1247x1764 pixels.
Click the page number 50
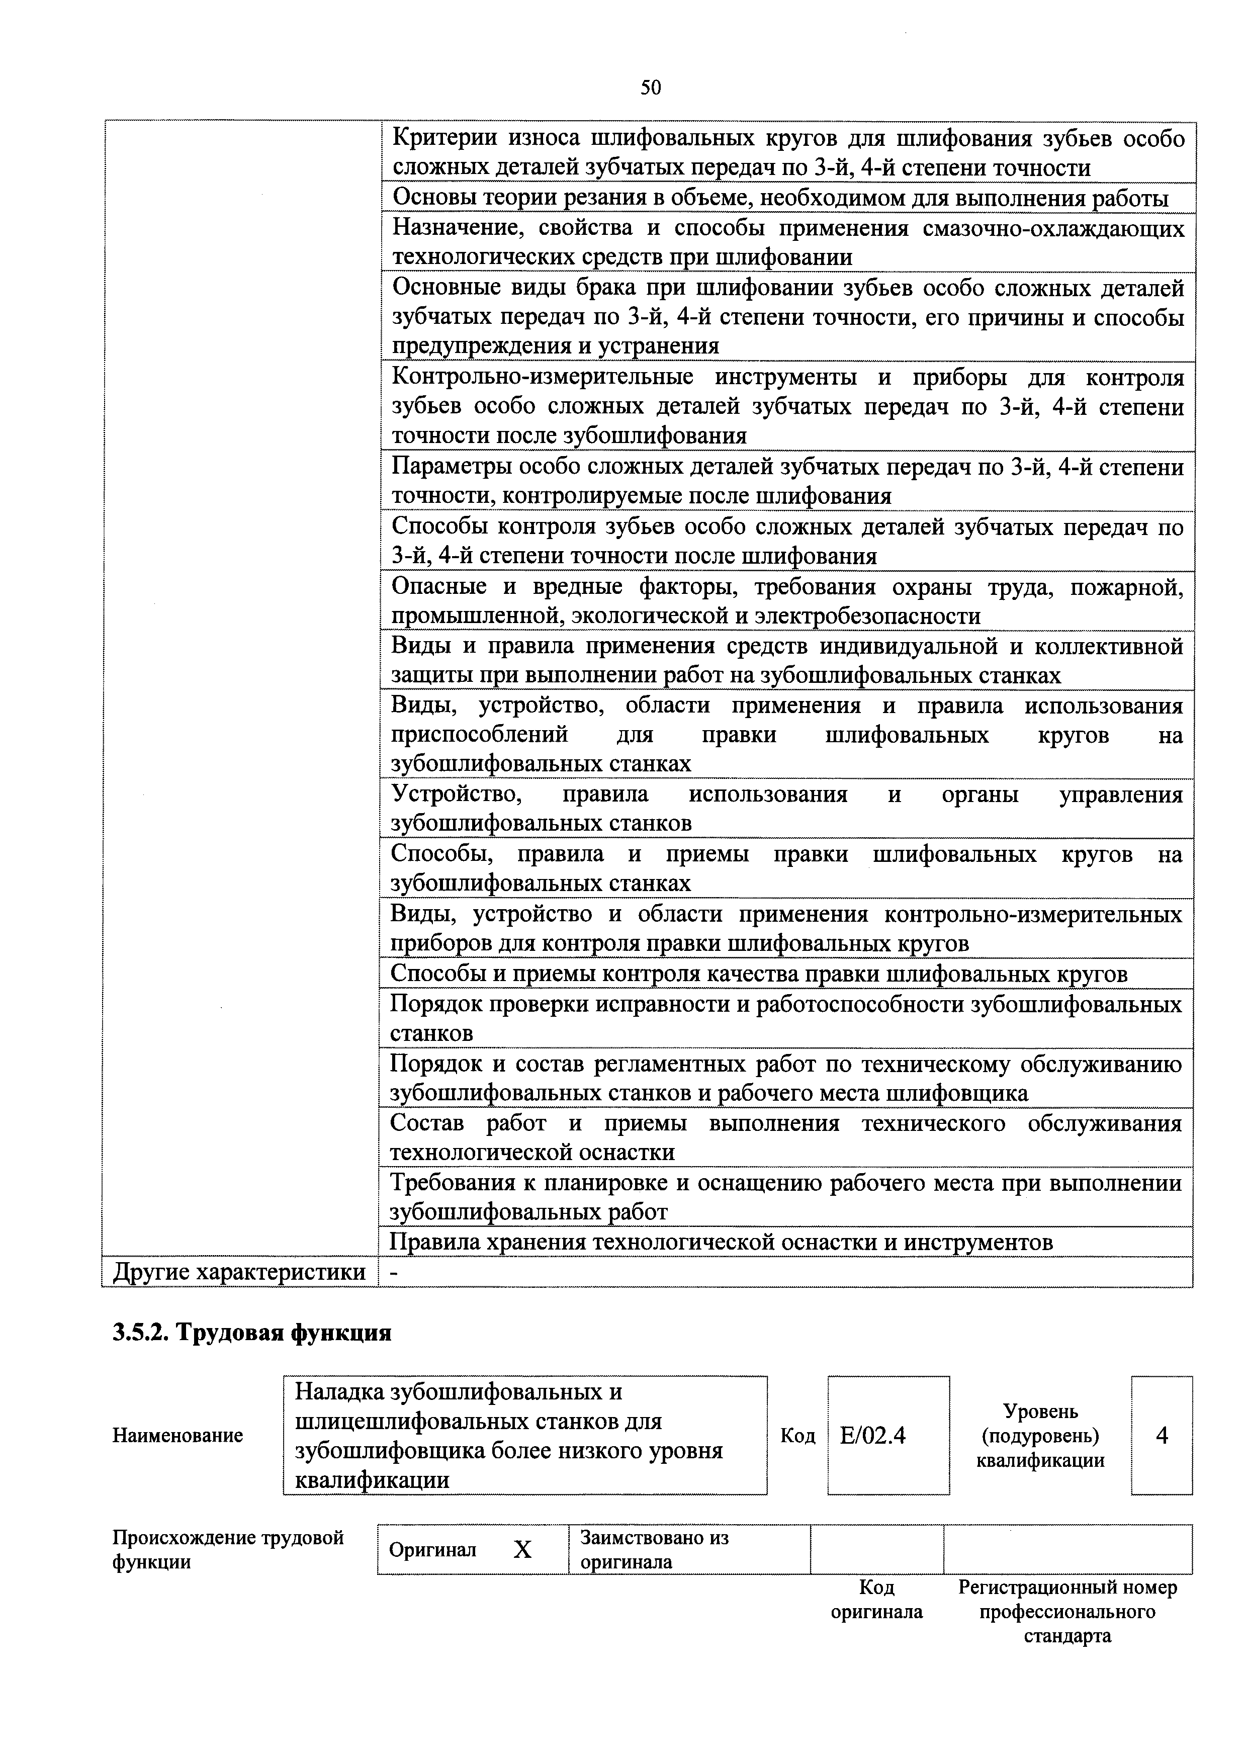click(650, 89)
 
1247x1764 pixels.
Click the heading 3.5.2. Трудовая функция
click(252, 1332)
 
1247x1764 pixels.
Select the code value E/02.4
click(873, 1435)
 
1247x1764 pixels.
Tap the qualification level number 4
click(1162, 1435)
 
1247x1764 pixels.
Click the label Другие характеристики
click(239, 1272)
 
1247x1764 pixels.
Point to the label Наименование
click(177, 1435)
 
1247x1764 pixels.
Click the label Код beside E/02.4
click(797, 1435)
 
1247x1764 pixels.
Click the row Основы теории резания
click(780, 198)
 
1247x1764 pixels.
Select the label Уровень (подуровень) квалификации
click(1040, 1435)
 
